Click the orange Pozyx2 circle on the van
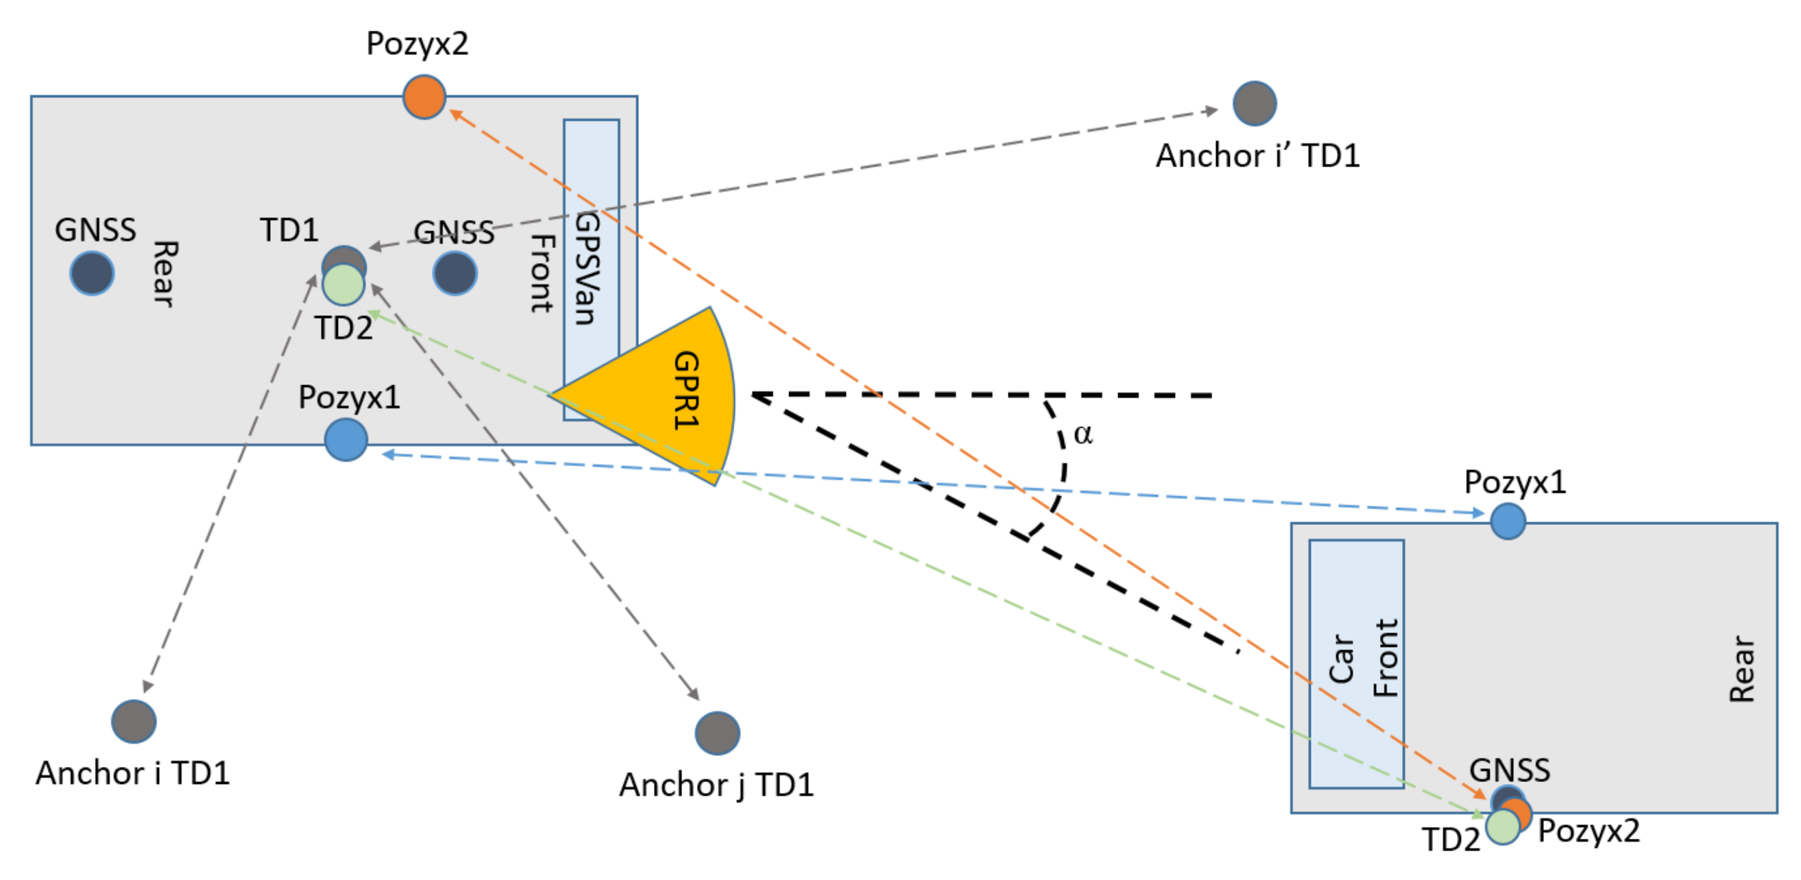coord(424,97)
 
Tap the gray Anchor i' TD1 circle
coord(1255,103)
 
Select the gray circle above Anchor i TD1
coord(134,721)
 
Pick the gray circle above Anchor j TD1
coord(716,733)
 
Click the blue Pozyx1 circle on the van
coord(346,439)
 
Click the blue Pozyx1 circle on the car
coord(1508,522)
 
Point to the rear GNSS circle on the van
coord(92,273)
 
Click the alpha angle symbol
coord(1083,435)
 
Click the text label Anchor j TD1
coord(716,785)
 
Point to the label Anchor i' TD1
coord(1257,155)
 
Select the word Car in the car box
coord(1341,659)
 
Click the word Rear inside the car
coord(1741,669)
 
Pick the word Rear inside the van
coord(165,274)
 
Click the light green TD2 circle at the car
coord(1503,826)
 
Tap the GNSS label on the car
coord(1510,770)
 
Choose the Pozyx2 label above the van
coord(418,43)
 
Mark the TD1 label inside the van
coord(289,230)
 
